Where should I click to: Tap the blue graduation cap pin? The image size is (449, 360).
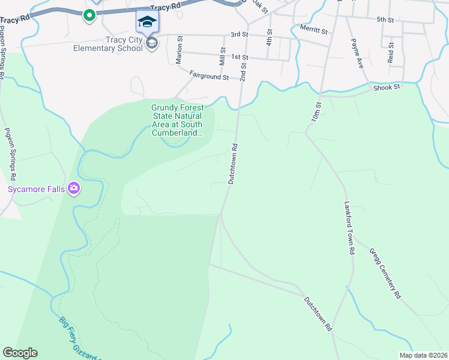click(x=146, y=23)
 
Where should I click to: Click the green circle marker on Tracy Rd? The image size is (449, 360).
click(x=89, y=16)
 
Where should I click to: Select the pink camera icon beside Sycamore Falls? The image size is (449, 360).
click(x=74, y=189)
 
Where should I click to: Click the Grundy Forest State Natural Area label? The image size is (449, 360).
click(x=178, y=120)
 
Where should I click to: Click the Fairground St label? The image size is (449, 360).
click(x=209, y=77)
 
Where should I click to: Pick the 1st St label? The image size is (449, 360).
click(x=240, y=57)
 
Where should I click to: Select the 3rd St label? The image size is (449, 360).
click(x=239, y=34)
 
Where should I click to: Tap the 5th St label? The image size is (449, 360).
click(x=385, y=20)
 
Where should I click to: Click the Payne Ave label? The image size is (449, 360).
click(x=358, y=53)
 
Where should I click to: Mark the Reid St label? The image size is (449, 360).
click(x=391, y=53)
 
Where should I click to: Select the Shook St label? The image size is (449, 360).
click(x=386, y=88)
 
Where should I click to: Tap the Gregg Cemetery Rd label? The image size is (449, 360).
click(x=384, y=273)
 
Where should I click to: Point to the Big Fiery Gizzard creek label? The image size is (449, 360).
click(x=78, y=339)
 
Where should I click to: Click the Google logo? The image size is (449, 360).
click(x=20, y=353)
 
